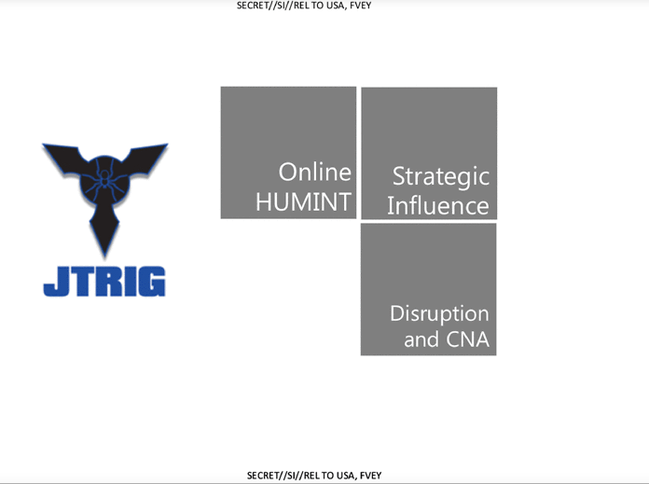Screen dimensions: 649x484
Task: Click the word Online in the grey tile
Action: (x=314, y=172)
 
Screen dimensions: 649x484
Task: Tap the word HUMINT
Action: (x=303, y=202)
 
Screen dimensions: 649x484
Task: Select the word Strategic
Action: (x=441, y=177)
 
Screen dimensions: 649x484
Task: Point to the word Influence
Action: (x=438, y=206)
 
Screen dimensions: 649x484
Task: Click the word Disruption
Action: (x=439, y=314)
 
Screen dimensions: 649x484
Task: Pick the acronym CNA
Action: (x=468, y=339)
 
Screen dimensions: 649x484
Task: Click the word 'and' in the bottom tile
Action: (x=421, y=339)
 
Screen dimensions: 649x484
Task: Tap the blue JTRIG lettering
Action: (x=104, y=282)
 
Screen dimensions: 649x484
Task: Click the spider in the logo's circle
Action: (x=104, y=179)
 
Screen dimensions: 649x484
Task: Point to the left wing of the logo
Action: (x=62, y=159)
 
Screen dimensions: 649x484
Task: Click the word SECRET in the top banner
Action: (x=251, y=6)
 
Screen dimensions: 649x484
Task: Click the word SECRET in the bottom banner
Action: (x=261, y=476)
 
